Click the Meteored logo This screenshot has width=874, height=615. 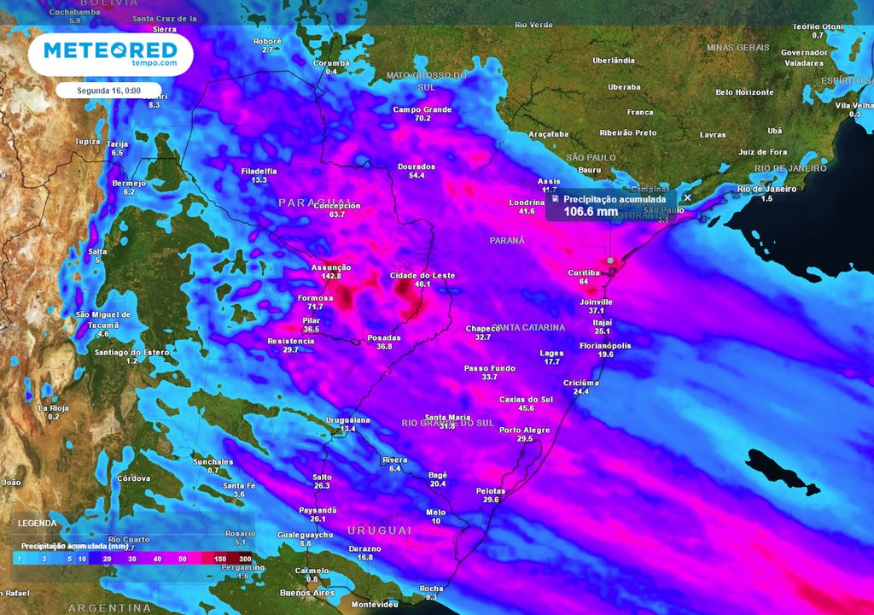click(111, 54)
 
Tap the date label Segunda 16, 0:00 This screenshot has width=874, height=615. click(109, 90)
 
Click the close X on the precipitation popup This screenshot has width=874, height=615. click(688, 197)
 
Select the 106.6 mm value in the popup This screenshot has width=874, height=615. click(590, 211)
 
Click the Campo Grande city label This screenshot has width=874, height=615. click(422, 109)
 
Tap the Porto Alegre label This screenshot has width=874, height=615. click(525, 430)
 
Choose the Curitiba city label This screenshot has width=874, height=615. click(585, 272)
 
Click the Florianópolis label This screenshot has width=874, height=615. click(605, 346)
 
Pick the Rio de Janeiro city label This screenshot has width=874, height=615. click(766, 188)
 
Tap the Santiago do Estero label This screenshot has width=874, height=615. click(131, 352)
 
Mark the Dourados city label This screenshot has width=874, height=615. click(417, 167)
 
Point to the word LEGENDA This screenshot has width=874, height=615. click(38, 523)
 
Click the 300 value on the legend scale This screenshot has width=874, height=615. click(246, 559)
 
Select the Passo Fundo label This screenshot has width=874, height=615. click(489, 368)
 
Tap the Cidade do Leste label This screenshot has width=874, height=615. click(422, 276)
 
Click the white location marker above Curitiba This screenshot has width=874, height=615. click(610, 260)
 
